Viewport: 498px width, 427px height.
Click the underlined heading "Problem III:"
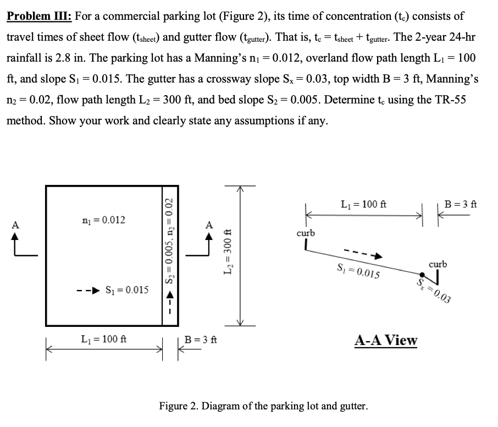tap(40, 16)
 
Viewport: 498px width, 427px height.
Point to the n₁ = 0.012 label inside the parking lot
tap(103, 220)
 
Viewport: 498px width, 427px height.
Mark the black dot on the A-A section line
tap(422, 275)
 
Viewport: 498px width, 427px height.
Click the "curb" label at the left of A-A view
tap(306, 233)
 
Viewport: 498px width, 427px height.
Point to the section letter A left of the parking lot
tap(16, 224)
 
